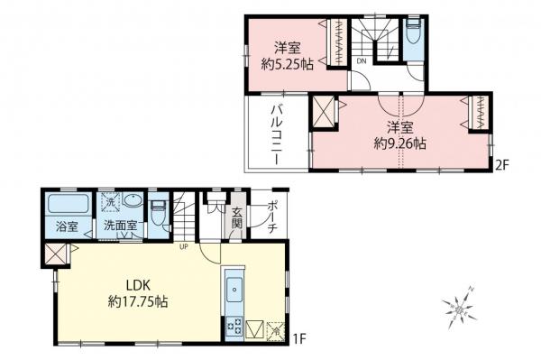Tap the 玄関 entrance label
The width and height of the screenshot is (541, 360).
click(x=237, y=218)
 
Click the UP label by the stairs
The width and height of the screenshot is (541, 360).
click(x=183, y=245)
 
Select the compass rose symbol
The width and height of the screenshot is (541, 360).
click(x=462, y=309)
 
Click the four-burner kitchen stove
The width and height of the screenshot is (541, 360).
click(x=233, y=327)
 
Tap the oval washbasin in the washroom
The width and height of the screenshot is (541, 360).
click(x=133, y=203)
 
